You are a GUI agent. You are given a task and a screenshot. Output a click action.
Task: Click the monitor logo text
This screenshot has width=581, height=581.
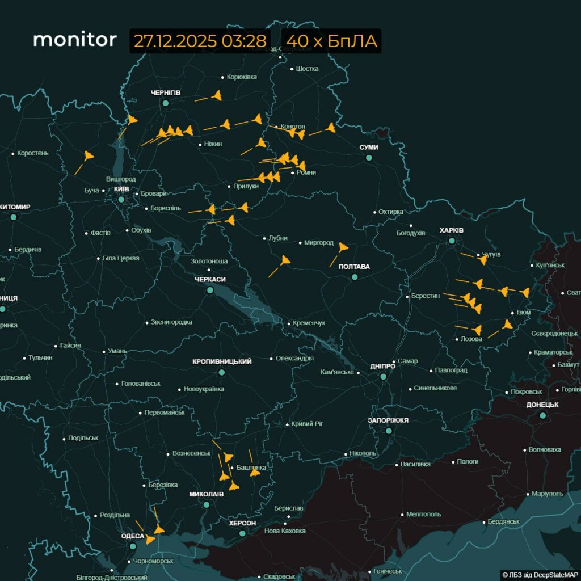(x=75, y=40)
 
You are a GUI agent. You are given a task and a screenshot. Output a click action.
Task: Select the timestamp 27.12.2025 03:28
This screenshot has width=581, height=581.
(x=200, y=41)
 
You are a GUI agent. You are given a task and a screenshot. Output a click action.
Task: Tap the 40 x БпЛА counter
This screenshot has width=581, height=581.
(x=331, y=41)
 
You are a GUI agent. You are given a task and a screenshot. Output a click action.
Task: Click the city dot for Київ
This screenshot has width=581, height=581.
(x=121, y=200)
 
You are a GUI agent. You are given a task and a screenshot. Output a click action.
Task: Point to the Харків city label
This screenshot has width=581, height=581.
(x=452, y=230)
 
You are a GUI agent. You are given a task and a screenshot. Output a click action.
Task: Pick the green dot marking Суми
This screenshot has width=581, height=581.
(x=369, y=157)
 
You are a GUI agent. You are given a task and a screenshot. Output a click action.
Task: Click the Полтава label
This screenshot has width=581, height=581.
(x=354, y=267)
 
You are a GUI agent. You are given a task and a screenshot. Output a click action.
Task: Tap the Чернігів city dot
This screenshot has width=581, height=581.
(x=166, y=103)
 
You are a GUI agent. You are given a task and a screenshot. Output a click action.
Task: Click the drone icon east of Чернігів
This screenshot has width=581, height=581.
(x=216, y=96)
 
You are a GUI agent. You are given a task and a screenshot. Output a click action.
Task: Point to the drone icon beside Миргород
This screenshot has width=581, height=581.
(x=343, y=247)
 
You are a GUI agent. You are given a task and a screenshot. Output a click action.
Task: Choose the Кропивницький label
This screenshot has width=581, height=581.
(x=222, y=361)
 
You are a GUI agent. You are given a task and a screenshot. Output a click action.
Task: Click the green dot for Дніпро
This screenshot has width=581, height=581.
(x=384, y=376)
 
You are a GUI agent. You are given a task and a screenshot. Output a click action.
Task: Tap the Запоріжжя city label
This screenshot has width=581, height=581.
(x=389, y=420)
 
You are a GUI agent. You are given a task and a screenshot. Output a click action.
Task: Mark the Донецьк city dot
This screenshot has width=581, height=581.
(x=542, y=415)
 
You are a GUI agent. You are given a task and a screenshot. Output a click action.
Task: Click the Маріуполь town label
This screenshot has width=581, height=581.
(x=548, y=494)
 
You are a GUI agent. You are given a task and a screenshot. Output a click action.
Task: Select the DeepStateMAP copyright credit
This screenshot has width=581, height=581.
(x=540, y=575)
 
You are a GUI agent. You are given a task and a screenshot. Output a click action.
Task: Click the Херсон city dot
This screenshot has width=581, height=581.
(x=242, y=533)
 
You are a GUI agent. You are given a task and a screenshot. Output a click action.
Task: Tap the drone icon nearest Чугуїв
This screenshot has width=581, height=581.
(x=482, y=260)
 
